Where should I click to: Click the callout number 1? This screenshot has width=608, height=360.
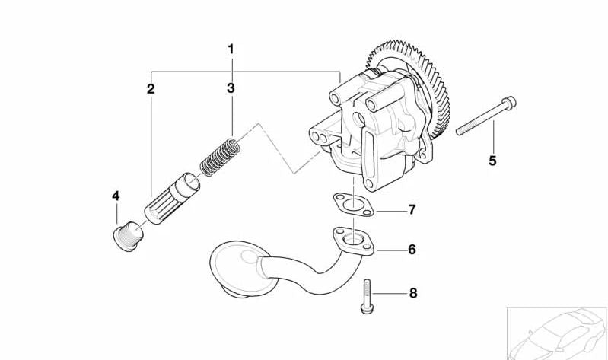[x=231, y=49]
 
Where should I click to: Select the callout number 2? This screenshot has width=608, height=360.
[x=151, y=89]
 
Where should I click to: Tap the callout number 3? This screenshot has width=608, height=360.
[x=231, y=88]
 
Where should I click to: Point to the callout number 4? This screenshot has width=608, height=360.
[x=116, y=196]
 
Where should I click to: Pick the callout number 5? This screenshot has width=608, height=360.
[x=492, y=161]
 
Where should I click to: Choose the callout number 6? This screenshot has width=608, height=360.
[x=412, y=250]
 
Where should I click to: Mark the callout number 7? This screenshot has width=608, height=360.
[x=412, y=209]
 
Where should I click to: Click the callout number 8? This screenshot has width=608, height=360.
[x=413, y=293]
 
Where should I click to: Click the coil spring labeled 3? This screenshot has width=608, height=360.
[x=220, y=157]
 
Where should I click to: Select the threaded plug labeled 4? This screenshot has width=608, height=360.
[x=129, y=236]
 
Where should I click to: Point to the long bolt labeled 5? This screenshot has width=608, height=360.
[x=485, y=115]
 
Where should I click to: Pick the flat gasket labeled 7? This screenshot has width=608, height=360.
[x=354, y=205]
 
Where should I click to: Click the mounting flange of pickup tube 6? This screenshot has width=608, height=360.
[x=353, y=241]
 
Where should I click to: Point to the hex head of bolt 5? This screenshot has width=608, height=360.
[x=509, y=103]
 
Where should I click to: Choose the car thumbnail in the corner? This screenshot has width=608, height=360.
[x=557, y=333]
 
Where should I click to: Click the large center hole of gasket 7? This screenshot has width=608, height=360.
[x=353, y=204]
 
